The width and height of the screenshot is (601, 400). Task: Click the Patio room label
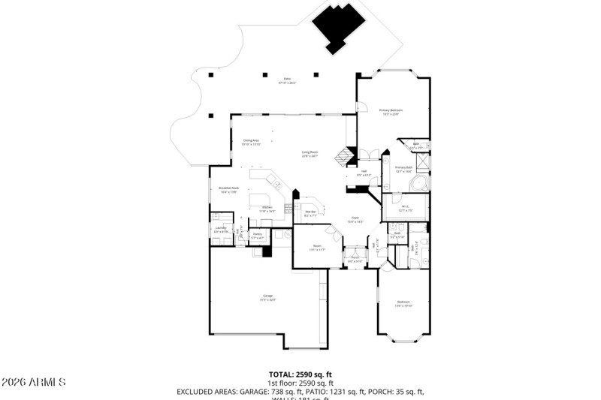pyautogui.click(x=286, y=80)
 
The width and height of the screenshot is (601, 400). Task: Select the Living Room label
pyautogui.click(x=310, y=155)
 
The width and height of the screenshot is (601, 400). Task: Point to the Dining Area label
pyautogui.click(x=251, y=142)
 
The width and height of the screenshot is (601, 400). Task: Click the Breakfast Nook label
pyautogui.click(x=228, y=190)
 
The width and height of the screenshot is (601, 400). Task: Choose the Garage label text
pyautogui.click(x=267, y=298)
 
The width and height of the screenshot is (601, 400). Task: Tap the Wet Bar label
pyautogui.click(x=310, y=213)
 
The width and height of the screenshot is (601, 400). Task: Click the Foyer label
pyautogui.click(x=354, y=220)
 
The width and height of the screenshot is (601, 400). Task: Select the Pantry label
pyautogui.click(x=257, y=236)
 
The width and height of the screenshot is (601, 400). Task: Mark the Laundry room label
pyautogui.click(x=220, y=229)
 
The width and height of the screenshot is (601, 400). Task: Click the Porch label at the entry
pyautogui.click(x=355, y=259)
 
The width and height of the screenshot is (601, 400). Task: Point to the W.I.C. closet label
pyautogui.click(x=405, y=208)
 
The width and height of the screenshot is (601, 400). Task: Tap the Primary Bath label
pyautogui.click(x=404, y=169)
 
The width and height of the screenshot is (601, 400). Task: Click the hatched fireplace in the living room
pyautogui.click(x=345, y=155)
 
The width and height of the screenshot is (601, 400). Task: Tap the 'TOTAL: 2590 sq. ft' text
pyautogui.click(x=300, y=374)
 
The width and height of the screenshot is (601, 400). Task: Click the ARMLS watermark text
pyautogui.click(x=34, y=382)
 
